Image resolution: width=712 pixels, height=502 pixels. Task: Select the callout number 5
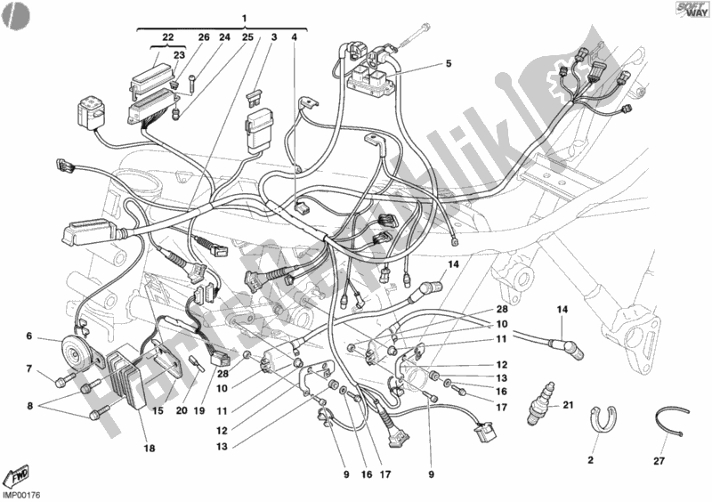449,64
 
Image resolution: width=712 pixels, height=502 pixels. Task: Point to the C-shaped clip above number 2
605,417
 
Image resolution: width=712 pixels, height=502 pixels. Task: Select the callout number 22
166,36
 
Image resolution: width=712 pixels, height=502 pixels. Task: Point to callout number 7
29,368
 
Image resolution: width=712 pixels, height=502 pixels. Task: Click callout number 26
202,37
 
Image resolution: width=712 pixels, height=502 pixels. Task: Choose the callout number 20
181,412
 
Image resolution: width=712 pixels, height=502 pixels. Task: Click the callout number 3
273,37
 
